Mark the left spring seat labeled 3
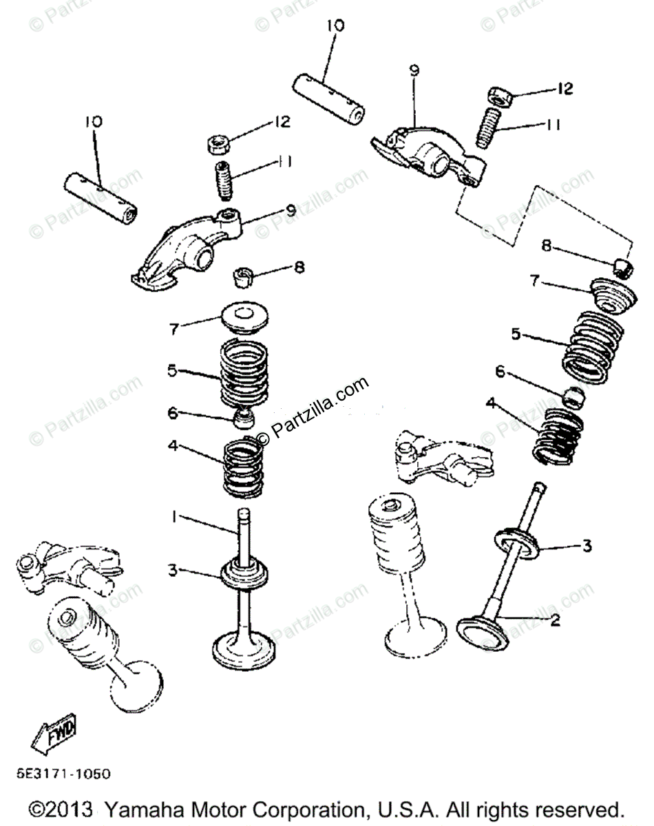pos(244,573)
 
